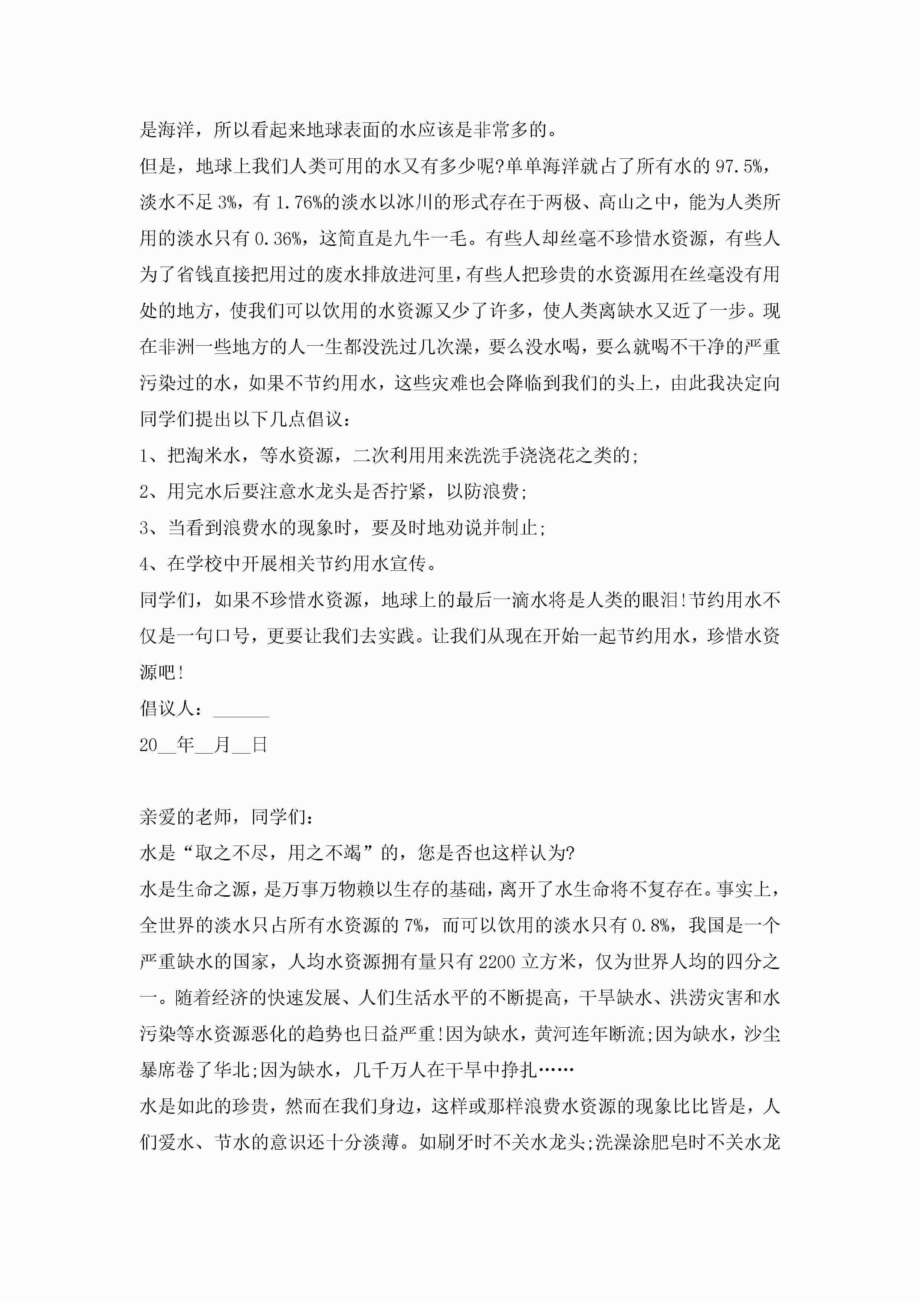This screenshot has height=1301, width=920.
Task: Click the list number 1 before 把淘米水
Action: (x=144, y=455)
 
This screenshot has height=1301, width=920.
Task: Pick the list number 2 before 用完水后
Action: (x=144, y=492)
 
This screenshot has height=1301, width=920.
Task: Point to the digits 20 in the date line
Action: (x=148, y=745)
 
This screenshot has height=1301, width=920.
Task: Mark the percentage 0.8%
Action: (x=651, y=926)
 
